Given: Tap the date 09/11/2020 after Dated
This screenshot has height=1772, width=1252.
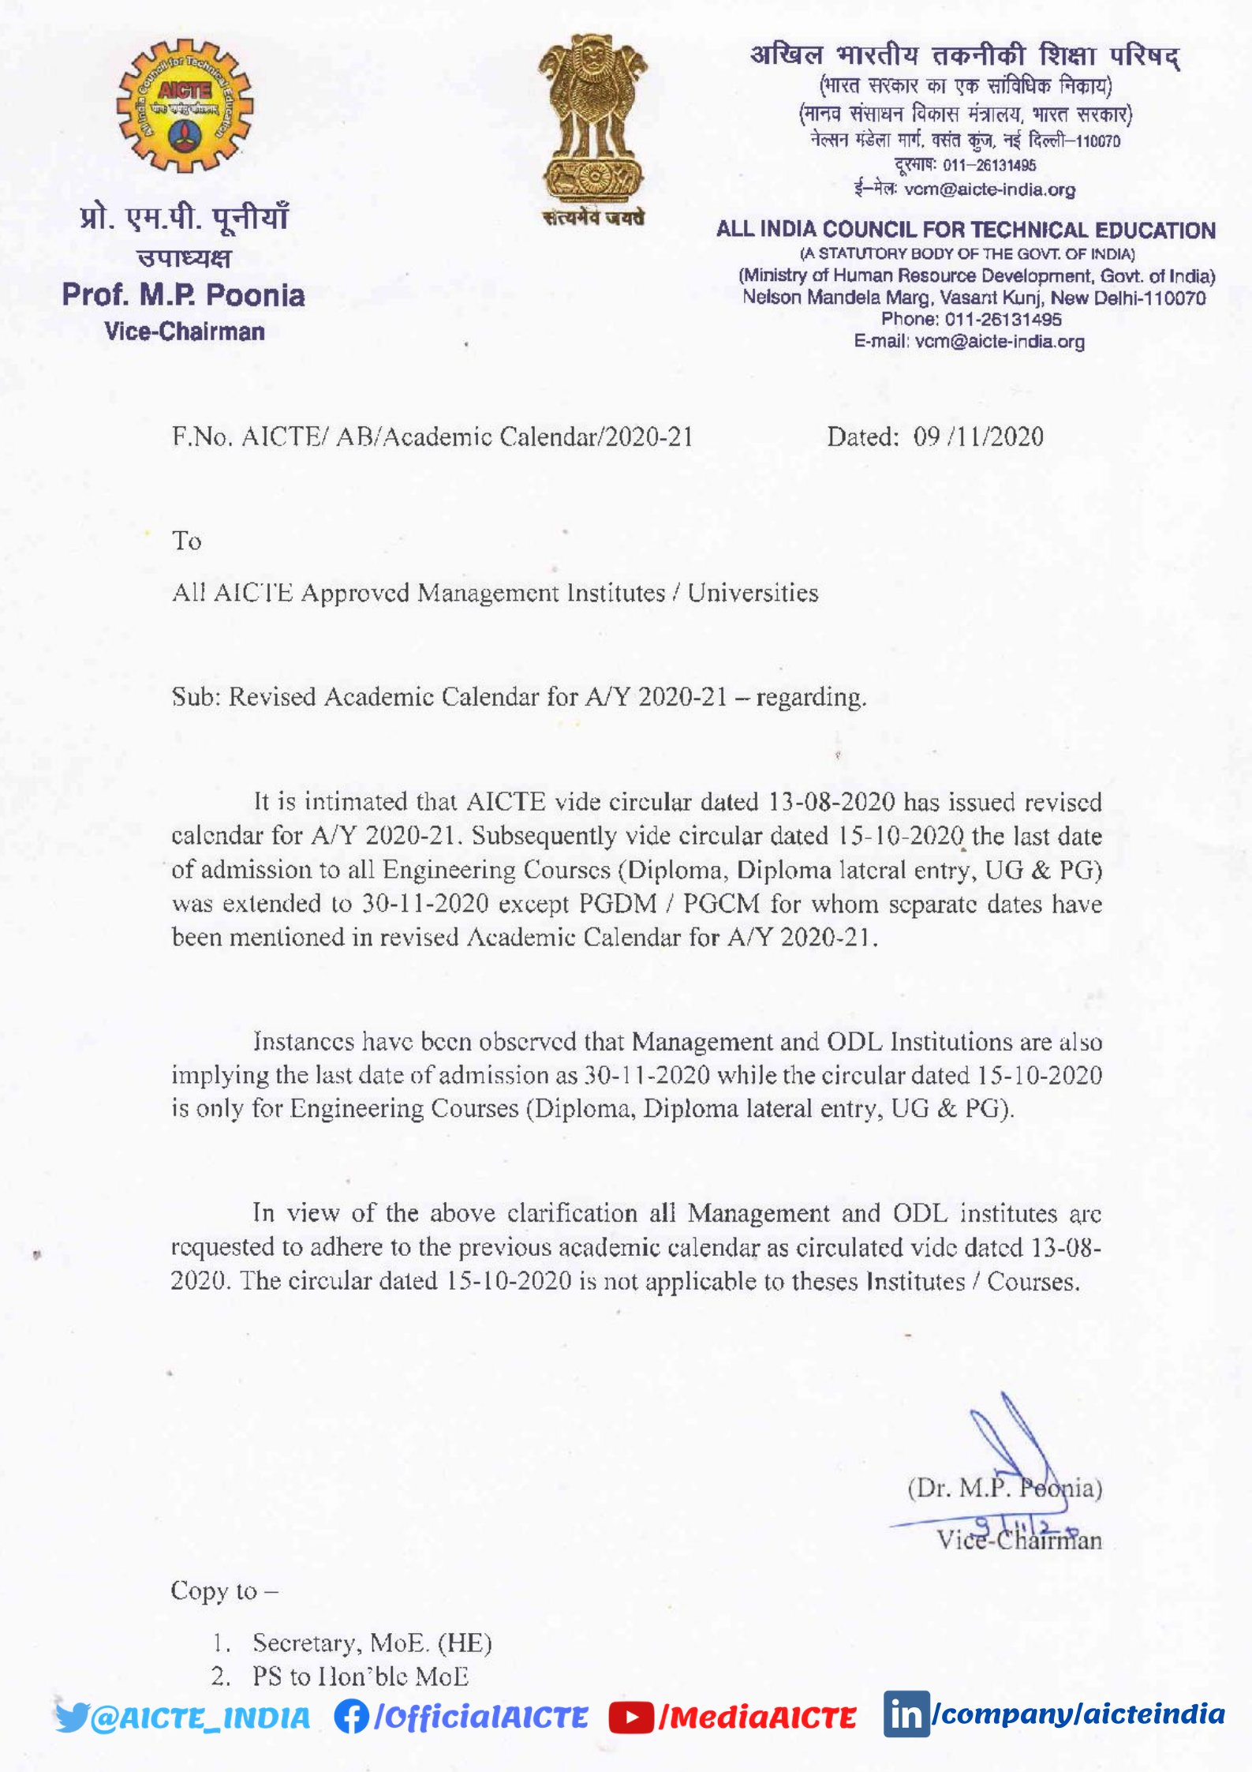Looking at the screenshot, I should tap(977, 436).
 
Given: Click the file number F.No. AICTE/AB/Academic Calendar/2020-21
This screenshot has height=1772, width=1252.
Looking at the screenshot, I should tap(432, 436).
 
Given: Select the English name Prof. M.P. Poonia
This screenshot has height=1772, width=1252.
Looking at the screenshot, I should tap(183, 295).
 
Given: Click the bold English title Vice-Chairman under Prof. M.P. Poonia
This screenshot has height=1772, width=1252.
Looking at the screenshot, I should tap(184, 332).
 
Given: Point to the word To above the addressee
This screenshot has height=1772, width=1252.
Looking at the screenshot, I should tap(187, 541).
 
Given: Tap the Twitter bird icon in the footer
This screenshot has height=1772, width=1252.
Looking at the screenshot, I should tap(73, 1717).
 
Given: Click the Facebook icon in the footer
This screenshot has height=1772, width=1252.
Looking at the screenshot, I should tap(351, 1716).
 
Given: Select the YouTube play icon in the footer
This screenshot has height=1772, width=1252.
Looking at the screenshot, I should tap(631, 1718).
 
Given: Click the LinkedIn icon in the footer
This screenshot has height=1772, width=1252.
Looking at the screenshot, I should tap(906, 1714).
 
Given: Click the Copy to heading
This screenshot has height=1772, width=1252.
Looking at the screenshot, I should tap(224, 1591).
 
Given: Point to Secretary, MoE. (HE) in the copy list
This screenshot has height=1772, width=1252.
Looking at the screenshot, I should tap(372, 1643).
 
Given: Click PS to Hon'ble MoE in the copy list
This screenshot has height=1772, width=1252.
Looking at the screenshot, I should tap(360, 1676).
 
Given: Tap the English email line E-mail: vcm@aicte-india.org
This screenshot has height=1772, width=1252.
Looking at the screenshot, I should tap(969, 342).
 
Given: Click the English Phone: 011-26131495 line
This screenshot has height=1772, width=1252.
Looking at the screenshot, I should tap(970, 320).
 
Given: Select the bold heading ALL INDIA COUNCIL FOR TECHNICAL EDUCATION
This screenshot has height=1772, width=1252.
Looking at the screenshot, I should tap(966, 230).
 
